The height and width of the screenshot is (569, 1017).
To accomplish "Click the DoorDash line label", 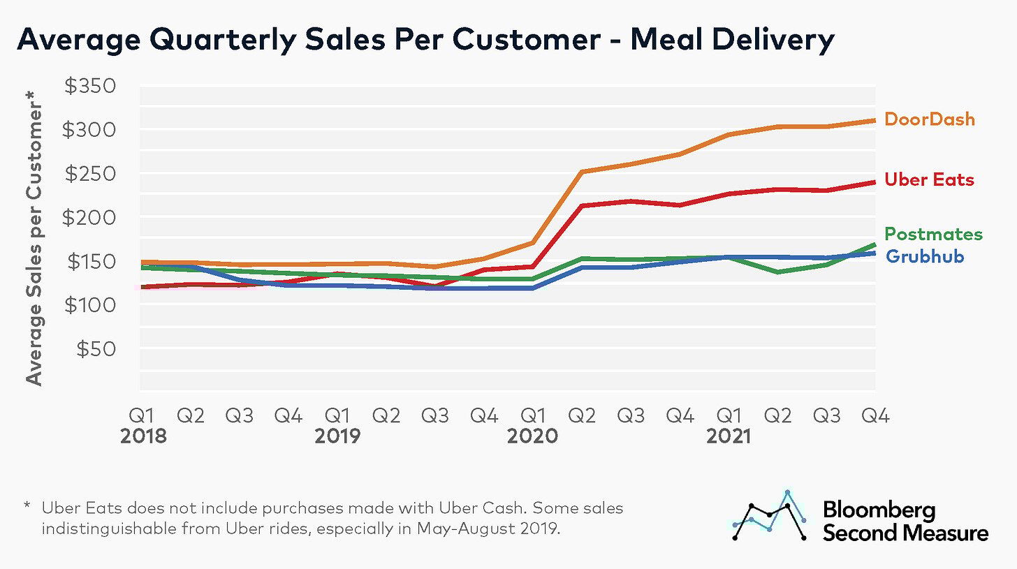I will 929,119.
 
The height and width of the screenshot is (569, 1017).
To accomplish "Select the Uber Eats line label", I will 929,180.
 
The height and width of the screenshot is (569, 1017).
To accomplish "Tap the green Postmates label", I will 933,234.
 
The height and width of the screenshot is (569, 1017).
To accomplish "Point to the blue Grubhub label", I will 925,256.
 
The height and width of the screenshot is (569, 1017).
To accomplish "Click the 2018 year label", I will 143,436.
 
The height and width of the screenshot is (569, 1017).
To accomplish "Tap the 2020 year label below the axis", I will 533,436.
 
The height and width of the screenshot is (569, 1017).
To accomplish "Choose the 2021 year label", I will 728,436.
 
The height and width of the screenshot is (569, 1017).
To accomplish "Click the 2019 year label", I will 337,436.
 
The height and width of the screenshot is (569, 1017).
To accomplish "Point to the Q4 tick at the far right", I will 875,416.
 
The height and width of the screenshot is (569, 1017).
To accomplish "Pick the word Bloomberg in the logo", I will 879,510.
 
